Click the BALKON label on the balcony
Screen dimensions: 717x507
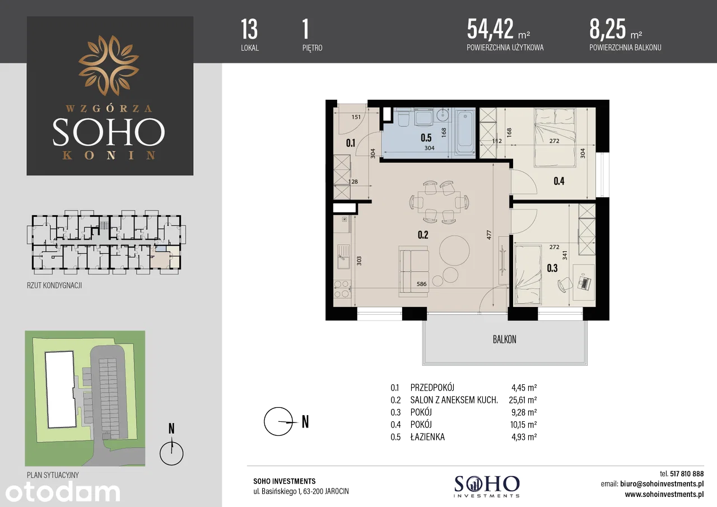click(505, 339)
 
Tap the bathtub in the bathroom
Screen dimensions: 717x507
click(465, 133)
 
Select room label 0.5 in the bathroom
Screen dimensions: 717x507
click(426, 138)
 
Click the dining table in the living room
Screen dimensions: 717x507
click(439, 202)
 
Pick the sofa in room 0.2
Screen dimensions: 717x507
click(413, 272)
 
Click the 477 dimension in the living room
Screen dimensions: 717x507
click(489, 235)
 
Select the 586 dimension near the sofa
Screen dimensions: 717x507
click(422, 284)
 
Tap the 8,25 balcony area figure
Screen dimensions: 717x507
click(608, 29)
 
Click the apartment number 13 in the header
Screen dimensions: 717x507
click(249, 29)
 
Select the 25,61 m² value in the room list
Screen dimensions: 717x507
click(523, 400)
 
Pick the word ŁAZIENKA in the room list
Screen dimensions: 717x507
click(427, 436)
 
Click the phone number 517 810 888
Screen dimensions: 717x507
click(687, 474)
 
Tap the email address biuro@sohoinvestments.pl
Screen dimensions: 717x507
click(662, 484)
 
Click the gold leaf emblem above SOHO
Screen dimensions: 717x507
click(109, 66)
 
